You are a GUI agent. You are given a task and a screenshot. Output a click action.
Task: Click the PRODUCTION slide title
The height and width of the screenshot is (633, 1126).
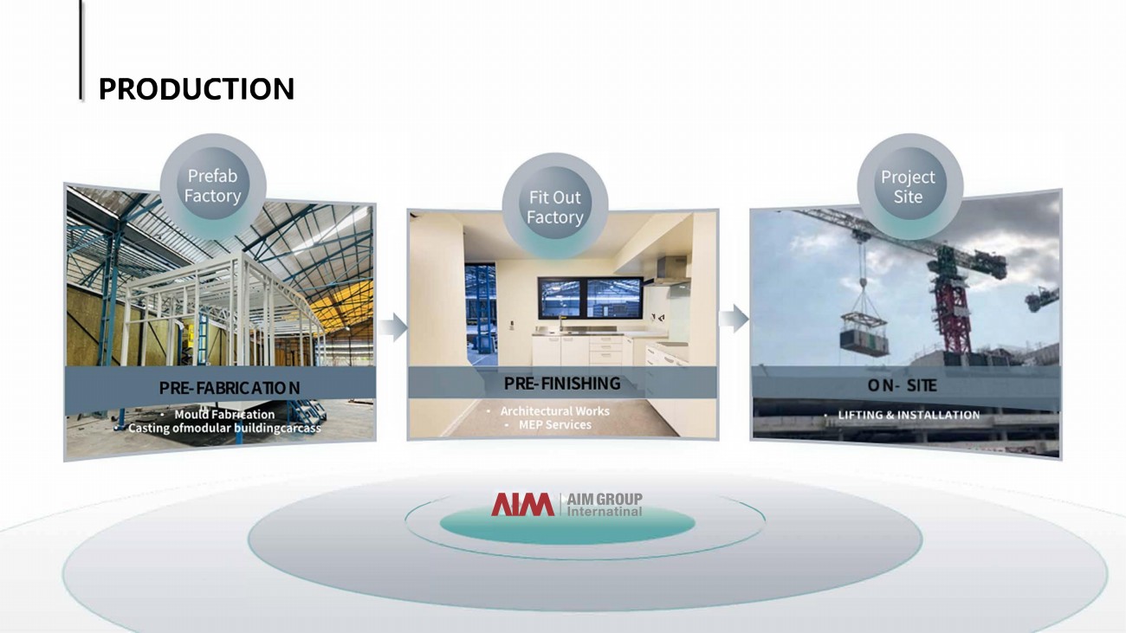[x=196, y=89]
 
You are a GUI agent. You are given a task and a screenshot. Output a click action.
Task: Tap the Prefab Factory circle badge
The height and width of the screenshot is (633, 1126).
[x=212, y=186]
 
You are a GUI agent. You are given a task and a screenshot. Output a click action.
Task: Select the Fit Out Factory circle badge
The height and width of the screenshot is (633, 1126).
[x=555, y=206]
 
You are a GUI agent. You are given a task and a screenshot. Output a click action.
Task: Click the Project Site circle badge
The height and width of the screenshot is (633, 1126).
[x=909, y=186]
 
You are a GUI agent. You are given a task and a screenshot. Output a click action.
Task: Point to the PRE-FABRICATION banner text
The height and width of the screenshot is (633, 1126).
[x=230, y=388]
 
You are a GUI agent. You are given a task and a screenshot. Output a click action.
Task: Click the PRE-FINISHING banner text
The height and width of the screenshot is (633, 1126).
[x=562, y=384]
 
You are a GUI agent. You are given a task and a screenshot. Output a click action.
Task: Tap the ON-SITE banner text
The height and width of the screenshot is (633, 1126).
[x=902, y=385]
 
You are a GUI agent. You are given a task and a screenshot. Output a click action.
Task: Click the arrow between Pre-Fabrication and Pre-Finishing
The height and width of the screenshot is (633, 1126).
[x=393, y=327]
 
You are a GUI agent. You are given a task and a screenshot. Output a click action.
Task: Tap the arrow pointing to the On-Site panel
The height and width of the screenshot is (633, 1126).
[x=734, y=319]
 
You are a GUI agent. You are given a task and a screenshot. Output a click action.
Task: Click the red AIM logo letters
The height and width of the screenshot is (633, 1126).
[x=523, y=504]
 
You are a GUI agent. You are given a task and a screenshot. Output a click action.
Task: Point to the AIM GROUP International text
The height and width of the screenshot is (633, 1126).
[x=605, y=505]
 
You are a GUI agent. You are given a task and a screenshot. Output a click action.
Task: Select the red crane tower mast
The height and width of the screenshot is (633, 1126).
[x=953, y=312]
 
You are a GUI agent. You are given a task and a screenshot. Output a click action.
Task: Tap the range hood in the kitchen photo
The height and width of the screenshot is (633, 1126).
[x=670, y=271]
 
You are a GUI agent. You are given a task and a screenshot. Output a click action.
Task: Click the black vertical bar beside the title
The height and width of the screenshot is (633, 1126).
[x=81, y=49]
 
